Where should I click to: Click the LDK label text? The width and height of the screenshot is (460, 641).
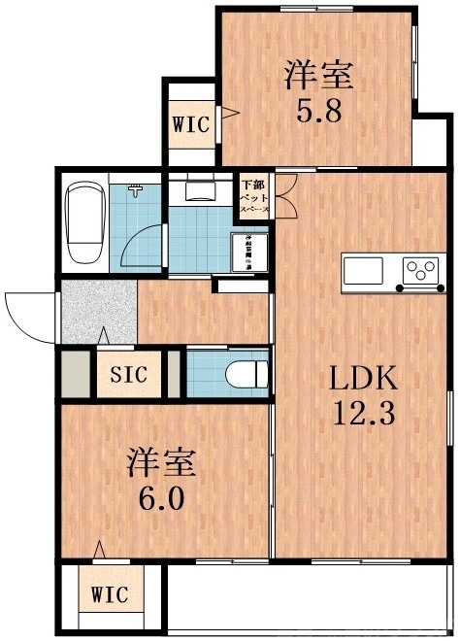point(360,378)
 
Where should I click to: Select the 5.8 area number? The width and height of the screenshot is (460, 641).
point(317,111)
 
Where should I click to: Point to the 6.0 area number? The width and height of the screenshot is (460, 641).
point(161,502)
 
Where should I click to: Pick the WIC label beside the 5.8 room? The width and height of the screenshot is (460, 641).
point(189,124)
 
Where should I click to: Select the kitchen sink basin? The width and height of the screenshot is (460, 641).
point(365,270)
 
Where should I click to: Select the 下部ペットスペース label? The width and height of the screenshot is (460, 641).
point(253,195)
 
